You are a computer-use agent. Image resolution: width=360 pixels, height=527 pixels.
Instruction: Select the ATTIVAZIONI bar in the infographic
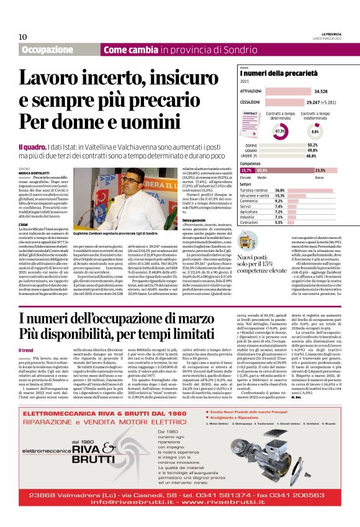(x=282, y=91)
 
